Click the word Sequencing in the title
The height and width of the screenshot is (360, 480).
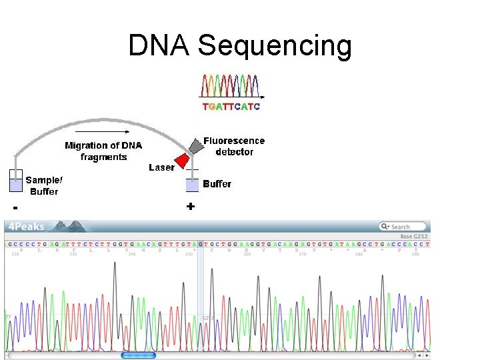pyautogui.click(x=275, y=46)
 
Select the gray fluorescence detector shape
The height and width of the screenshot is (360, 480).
pyautogui.click(x=194, y=146)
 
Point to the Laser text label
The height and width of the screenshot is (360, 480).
pyautogui.click(x=161, y=168)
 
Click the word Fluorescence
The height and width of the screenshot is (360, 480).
pyautogui.click(x=234, y=141)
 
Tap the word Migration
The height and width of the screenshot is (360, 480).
pyautogui.click(x=86, y=145)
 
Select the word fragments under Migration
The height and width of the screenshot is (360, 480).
pyautogui.click(x=103, y=157)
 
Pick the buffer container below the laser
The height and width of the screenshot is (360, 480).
pyautogui.click(x=192, y=185)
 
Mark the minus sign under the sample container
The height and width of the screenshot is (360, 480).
pyautogui.click(x=15, y=208)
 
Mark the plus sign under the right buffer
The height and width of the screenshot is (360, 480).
pyautogui.click(x=191, y=207)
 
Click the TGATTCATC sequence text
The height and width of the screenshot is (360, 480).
pyautogui.click(x=231, y=107)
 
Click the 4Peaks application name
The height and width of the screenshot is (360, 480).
pyautogui.click(x=27, y=227)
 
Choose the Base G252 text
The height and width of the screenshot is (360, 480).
pyautogui.click(x=414, y=236)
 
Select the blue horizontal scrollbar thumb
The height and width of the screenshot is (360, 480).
pyautogui.click(x=138, y=355)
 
